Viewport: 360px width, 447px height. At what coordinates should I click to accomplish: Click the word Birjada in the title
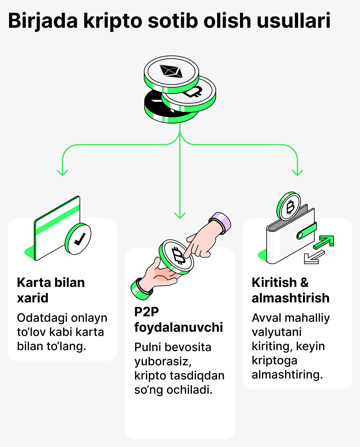pos(43,21)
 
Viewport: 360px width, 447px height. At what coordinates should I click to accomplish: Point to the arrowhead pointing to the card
pos(63,173)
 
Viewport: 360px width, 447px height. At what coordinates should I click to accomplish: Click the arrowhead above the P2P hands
pos(180,215)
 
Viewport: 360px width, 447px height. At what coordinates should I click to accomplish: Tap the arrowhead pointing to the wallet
pos(297,173)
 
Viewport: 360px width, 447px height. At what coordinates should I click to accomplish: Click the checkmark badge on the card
pos(78,239)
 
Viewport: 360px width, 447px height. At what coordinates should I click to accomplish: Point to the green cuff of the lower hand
pos(141,289)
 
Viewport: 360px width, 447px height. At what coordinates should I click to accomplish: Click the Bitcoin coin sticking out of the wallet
pos(289,206)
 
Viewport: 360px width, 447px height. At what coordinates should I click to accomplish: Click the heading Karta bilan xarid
pos(51,290)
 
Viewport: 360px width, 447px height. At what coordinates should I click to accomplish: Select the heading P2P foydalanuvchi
pos(178,319)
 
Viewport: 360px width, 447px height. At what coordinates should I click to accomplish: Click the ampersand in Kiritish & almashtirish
pos(304,283)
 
